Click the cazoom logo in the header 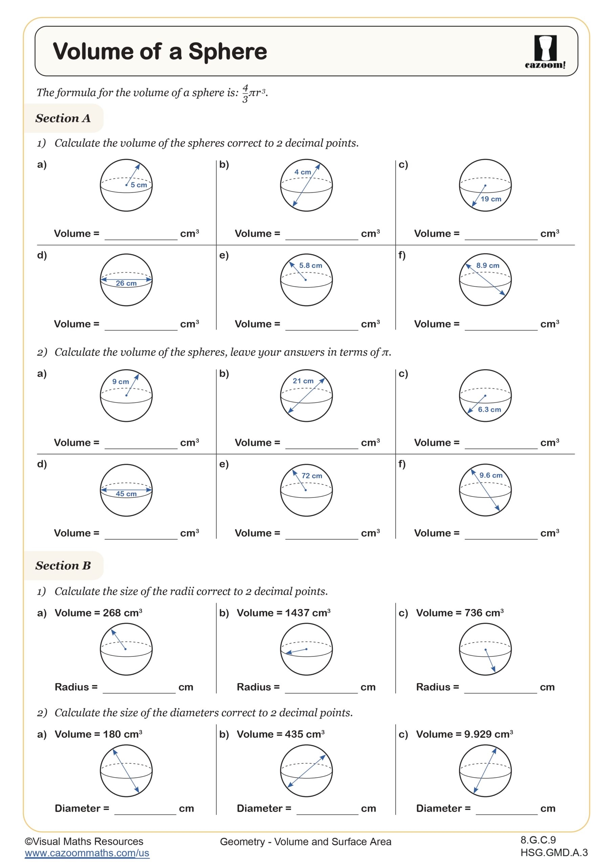point(545,52)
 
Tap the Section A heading point(63,118)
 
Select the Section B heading point(63,565)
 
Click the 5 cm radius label point(138,185)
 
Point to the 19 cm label point(491,199)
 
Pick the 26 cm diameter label point(126,283)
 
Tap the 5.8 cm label point(311,266)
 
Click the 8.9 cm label point(488,266)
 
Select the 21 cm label point(303,381)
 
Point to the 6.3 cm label point(489,410)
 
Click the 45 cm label point(126,494)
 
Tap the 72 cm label point(312,476)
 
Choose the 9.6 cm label point(491,475)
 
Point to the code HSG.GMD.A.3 point(554,853)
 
